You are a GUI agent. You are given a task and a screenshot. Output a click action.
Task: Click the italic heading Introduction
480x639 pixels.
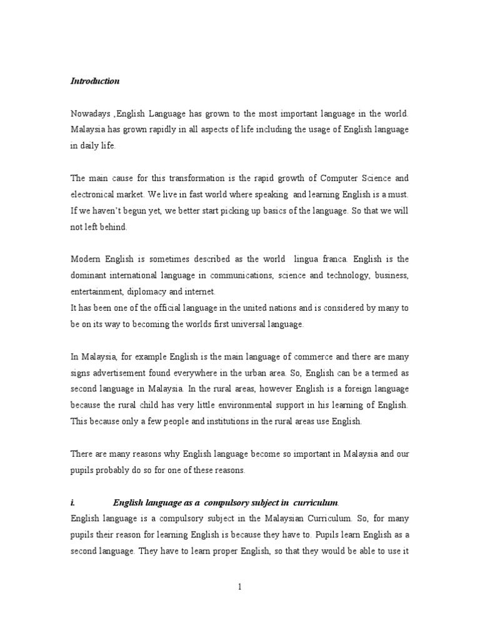[95, 81]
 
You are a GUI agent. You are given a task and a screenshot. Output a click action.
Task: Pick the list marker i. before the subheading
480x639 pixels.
[72, 502]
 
